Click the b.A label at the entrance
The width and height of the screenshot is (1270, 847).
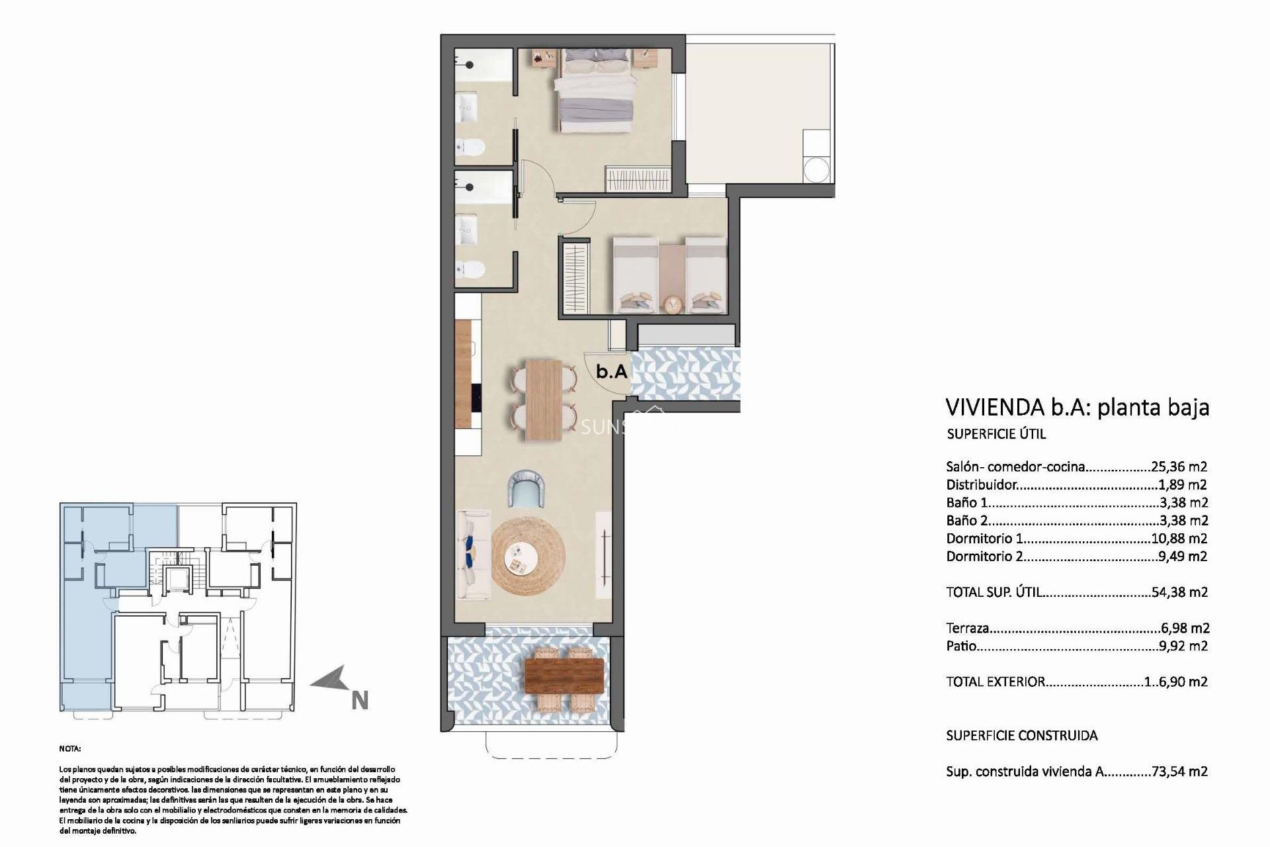(611, 372)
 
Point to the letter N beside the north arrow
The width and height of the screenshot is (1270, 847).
(359, 701)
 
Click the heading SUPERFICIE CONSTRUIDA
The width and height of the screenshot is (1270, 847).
(1022, 735)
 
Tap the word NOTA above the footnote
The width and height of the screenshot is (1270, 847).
(70, 749)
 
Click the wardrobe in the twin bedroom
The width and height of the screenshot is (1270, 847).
(575, 278)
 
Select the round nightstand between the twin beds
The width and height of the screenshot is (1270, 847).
(673, 305)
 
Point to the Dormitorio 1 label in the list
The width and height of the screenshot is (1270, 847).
(984, 539)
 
